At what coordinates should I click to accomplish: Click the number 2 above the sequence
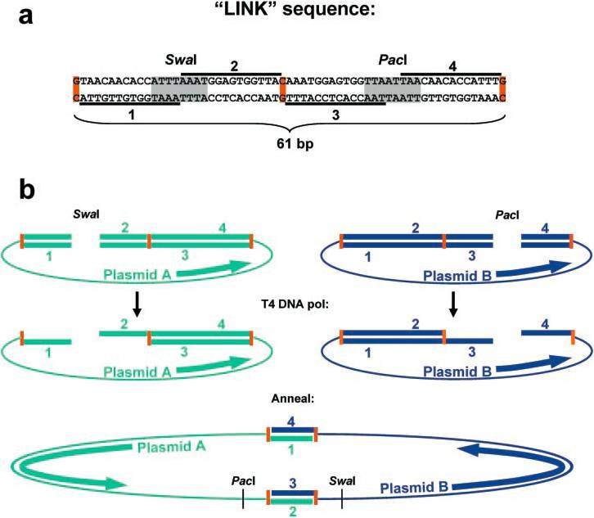click(x=234, y=63)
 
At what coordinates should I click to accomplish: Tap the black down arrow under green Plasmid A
click(x=138, y=304)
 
